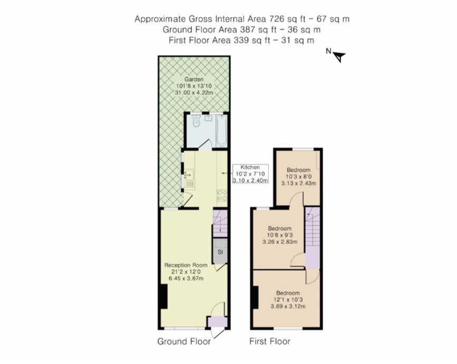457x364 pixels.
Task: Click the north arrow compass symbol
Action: click(x=339, y=56)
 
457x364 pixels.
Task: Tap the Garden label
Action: click(x=194, y=79)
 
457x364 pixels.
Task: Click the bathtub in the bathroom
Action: click(x=222, y=131)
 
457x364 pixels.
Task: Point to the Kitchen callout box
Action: click(x=250, y=174)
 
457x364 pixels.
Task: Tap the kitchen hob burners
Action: click(x=222, y=195)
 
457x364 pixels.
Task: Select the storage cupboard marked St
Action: click(x=220, y=251)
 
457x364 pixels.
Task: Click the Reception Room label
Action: click(x=186, y=265)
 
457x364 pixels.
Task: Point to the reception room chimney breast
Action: click(x=164, y=297)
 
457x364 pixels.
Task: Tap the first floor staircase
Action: click(x=313, y=238)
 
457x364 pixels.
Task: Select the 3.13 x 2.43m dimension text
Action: click(x=298, y=183)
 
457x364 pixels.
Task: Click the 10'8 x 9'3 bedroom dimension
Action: click(x=279, y=235)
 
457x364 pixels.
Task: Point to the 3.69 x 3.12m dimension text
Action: click(x=288, y=307)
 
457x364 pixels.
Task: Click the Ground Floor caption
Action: click(x=184, y=341)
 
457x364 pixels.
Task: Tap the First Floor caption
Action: click(x=270, y=341)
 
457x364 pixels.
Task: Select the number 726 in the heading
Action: click(x=277, y=19)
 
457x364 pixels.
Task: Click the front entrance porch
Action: click(x=217, y=322)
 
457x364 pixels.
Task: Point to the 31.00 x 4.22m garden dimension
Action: click(x=194, y=93)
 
